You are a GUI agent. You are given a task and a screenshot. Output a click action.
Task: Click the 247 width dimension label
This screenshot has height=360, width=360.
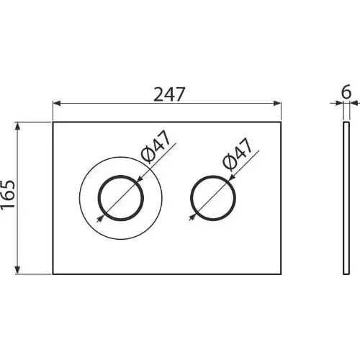[x=169, y=94]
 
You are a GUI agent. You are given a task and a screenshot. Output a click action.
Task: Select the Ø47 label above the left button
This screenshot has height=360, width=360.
[x=156, y=146]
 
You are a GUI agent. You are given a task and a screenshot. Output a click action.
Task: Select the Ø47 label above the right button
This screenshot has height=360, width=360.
[x=238, y=154]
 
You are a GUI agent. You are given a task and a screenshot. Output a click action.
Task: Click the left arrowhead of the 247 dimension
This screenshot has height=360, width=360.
[x=57, y=104]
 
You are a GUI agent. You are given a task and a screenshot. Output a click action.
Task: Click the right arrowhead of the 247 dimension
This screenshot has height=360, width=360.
[x=277, y=104]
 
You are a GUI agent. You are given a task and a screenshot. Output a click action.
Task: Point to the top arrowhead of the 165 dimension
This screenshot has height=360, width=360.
[x=17, y=126]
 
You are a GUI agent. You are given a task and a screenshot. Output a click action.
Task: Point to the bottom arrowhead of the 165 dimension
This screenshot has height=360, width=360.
[x=17, y=270]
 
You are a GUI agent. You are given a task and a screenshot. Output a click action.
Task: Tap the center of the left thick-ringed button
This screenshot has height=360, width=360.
[x=121, y=198]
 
